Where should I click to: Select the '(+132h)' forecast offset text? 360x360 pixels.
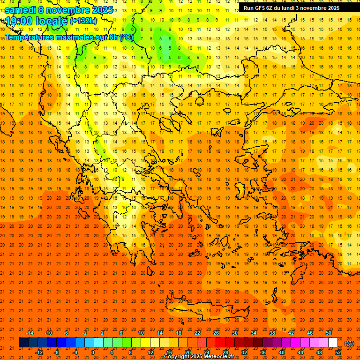[x=83, y=21]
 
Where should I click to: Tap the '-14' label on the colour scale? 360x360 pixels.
[x=30, y=333]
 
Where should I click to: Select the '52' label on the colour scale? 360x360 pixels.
[x=338, y=352]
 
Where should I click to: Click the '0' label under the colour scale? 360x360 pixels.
[x=93, y=352]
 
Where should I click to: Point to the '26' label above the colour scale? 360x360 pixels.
[x=216, y=333]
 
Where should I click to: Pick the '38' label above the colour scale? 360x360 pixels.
[x=272, y=333]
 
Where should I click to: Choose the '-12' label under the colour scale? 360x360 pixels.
[x=39, y=352]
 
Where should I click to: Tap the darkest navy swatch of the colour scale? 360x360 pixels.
[x=23, y=343]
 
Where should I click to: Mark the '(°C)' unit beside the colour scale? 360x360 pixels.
[x=349, y=343]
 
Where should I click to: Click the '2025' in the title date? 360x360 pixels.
[x=102, y=10]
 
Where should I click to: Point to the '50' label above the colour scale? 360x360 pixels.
[x=329, y=333]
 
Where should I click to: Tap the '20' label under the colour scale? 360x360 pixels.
[x=188, y=352]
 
